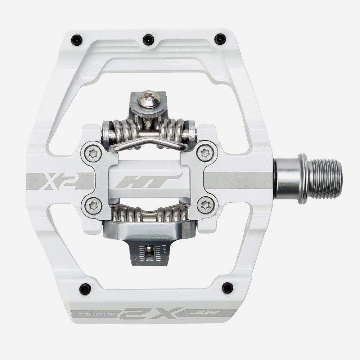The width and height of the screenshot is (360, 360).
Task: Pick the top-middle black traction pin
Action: point(148,39)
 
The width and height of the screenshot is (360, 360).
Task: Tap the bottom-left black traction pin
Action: point(85,288)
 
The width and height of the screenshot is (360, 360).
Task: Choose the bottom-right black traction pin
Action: point(227,288)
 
